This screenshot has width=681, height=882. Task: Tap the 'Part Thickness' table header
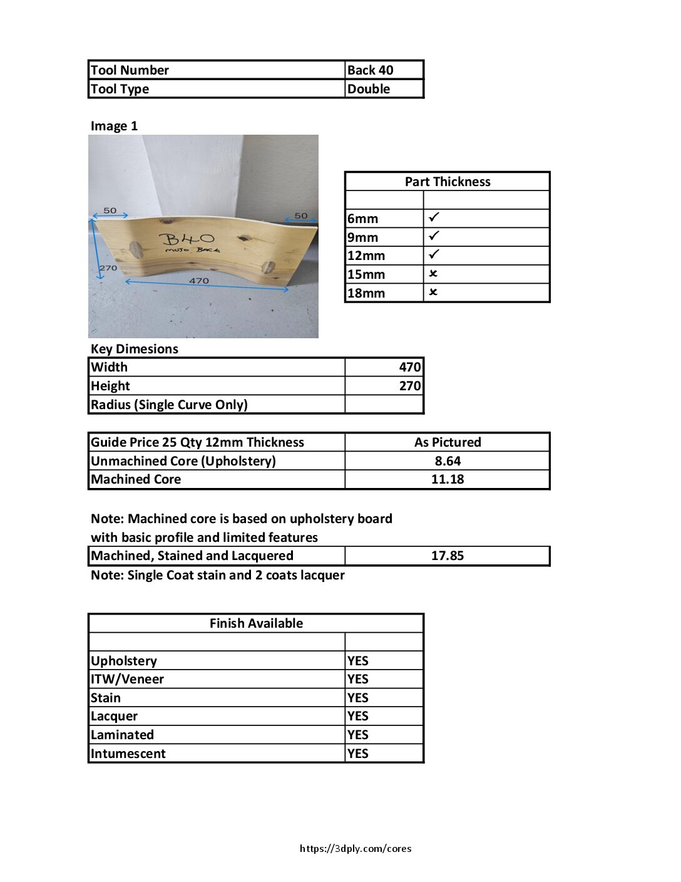click(448, 182)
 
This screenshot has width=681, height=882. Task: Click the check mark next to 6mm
click(434, 217)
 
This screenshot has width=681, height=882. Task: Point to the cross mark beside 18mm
click(433, 293)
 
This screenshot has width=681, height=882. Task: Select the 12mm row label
click(366, 256)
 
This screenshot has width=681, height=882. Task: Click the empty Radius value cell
click(384, 405)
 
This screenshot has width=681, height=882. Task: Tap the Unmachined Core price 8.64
click(448, 461)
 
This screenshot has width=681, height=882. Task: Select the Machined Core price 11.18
click(448, 479)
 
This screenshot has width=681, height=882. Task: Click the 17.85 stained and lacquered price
click(448, 556)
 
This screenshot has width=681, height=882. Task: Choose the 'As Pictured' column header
click(448, 442)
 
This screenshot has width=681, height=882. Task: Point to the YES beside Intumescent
click(358, 754)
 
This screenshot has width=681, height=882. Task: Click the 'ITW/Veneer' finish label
click(128, 679)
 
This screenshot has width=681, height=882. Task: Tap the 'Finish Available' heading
click(256, 623)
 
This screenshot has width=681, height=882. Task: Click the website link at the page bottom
click(356, 849)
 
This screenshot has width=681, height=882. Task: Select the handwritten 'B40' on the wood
click(187, 239)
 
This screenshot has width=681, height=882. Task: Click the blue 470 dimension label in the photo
click(199, 281)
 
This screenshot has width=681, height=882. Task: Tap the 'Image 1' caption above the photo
click(114, 126)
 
